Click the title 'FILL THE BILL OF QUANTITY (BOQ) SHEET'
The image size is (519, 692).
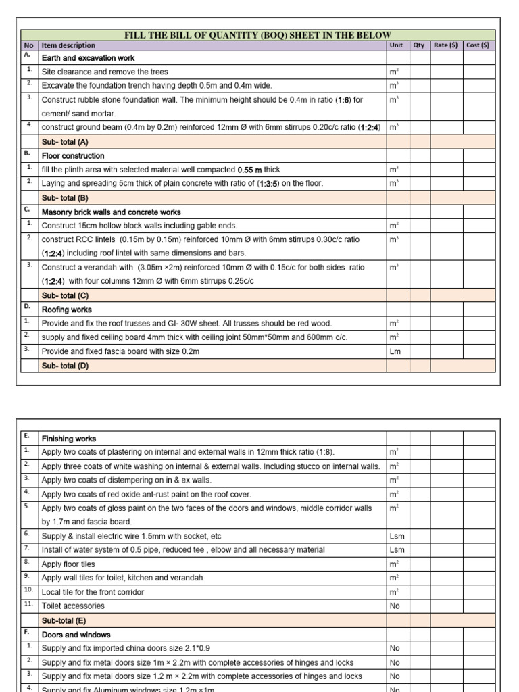tap(257, 35)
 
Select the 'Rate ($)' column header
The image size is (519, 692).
tap(445, 45)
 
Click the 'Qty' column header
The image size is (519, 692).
tap(419, 45)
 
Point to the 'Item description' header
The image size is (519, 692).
tap(68, 45)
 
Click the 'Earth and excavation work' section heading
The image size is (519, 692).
tap(88, 58)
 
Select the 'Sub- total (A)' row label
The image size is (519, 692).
tap(65, 142)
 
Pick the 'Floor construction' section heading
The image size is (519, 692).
tap(73, 156)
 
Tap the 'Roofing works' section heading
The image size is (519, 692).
tap(66, 310)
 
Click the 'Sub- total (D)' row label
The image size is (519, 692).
tap(65, 366)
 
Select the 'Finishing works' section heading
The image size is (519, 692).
tap(69, 439)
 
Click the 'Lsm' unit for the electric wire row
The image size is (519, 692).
tap(397, 536)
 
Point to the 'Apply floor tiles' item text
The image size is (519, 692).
tap(68, 564)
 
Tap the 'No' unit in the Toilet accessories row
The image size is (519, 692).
tap(395, 606)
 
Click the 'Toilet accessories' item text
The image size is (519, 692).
tap(73, 606)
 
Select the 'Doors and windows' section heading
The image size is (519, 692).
tap(76, 635)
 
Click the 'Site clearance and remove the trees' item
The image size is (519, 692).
tap(105, 72)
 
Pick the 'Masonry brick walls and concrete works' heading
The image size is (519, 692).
tap(111, 212)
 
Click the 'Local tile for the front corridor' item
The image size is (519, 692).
tap(93, 592)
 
